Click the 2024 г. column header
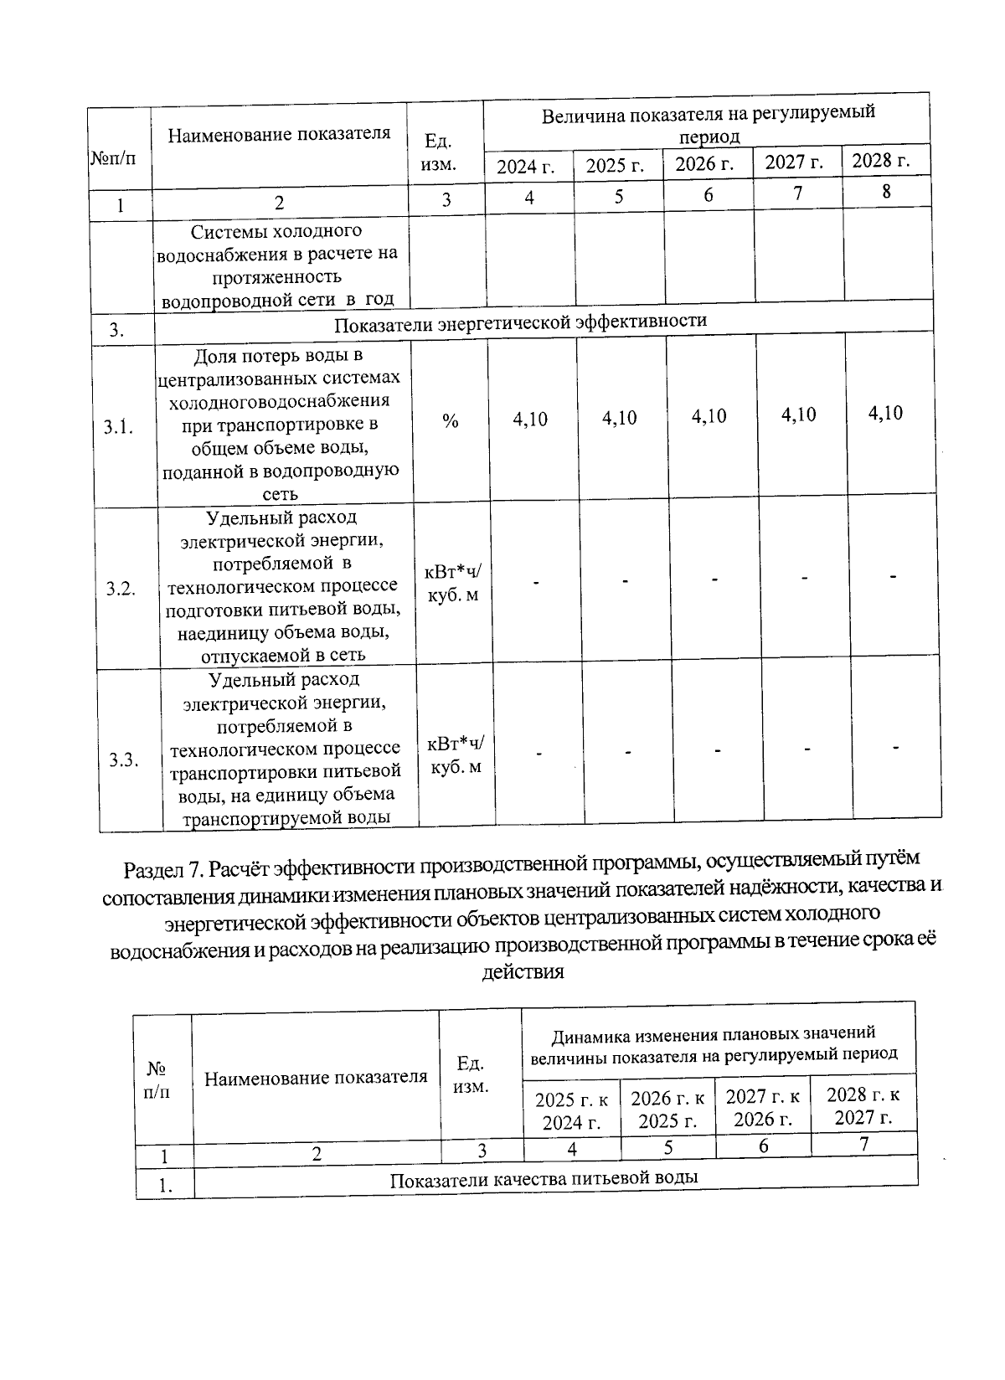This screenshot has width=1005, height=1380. (526, 166)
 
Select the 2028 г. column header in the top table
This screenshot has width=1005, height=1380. (881, 161)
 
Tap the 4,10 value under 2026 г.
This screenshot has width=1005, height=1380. (709, 417)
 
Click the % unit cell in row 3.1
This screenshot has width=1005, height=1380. (451, 422)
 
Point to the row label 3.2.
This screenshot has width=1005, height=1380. (121, 588)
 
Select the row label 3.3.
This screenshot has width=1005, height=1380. (123, 760)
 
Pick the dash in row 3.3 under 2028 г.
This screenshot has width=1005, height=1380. (896, 747)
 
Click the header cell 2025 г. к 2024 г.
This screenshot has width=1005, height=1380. (572, 1110)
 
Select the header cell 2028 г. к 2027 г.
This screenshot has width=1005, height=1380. (863, 1105)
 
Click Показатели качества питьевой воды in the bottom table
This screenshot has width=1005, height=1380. (544, 1178)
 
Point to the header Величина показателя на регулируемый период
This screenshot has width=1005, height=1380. (708, 124)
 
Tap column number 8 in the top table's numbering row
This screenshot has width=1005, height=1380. (886, 192)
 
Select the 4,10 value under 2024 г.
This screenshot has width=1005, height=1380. (530, 419)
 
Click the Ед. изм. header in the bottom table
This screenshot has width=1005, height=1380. (471, 1075)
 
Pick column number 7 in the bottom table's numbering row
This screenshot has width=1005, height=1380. (863, 1143)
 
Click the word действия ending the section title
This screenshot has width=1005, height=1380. (523, 972)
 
